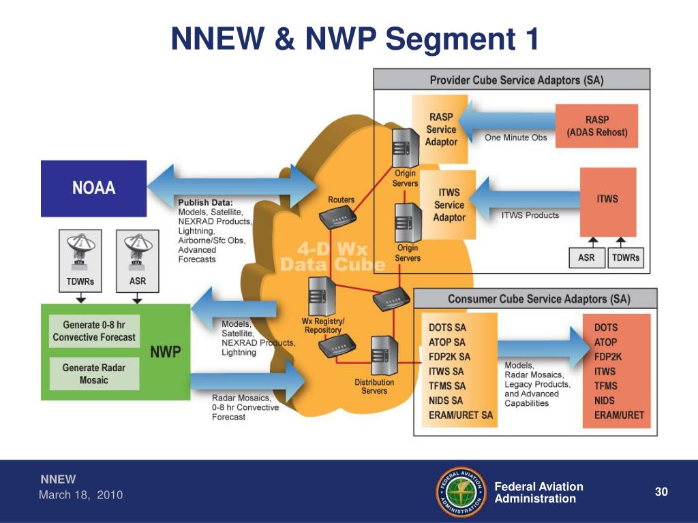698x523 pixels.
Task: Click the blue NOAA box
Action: [94, 188]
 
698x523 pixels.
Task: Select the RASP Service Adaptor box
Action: [441, 129]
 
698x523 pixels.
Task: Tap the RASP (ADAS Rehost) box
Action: [597, 125]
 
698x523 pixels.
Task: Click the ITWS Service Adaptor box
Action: [449, 205]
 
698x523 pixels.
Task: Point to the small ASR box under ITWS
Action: [586, 258]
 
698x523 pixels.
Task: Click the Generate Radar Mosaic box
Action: [94, 374]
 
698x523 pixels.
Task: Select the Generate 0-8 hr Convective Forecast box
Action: [94, 331]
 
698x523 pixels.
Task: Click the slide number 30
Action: [660, 492]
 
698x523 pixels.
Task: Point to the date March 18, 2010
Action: [80, 495]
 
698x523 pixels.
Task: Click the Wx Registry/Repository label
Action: [323, 326]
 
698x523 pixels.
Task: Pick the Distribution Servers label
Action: [374, 386]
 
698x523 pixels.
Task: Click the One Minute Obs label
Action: [515, 138]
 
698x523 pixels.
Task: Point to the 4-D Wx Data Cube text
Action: [332, 257]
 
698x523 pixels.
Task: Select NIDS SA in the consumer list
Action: [446, 400]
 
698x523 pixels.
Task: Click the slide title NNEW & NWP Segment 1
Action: [354, 40]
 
